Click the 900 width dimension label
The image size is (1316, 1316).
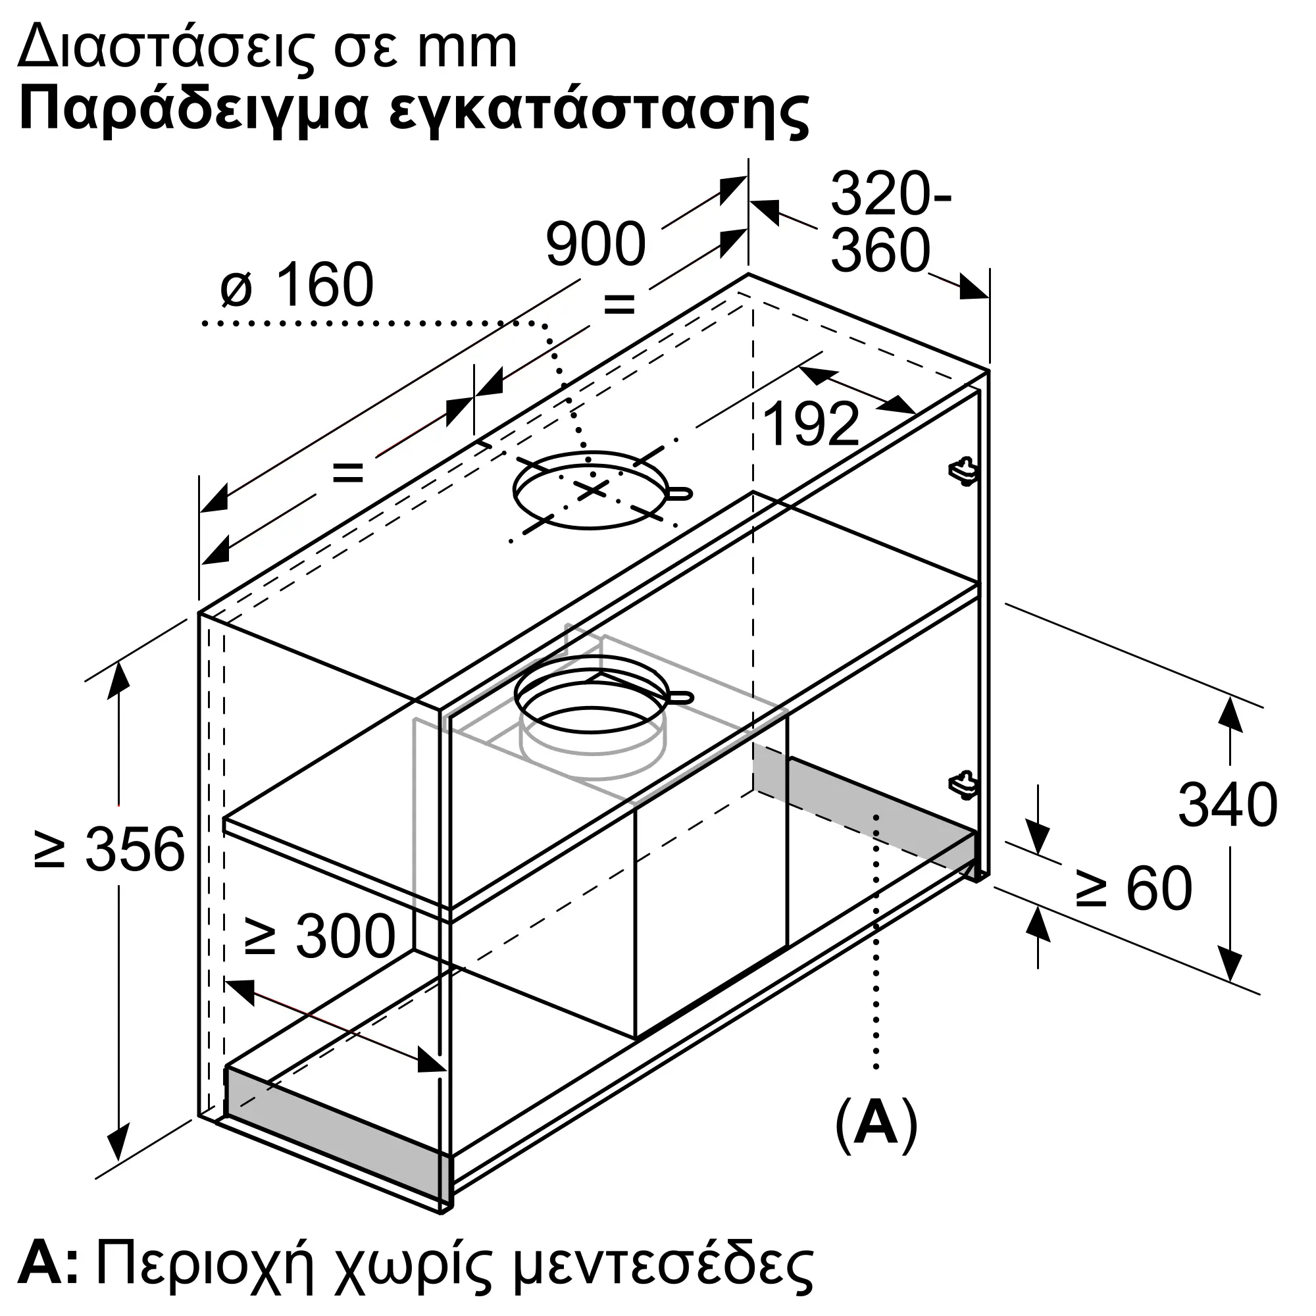coord(595,243)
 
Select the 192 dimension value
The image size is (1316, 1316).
coord(811,424)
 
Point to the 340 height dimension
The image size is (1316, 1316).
coord(1227,805)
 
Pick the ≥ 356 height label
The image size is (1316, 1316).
coord(110,849)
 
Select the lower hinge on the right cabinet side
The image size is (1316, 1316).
coord(965,785)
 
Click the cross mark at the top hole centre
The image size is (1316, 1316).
coord(592,488)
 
